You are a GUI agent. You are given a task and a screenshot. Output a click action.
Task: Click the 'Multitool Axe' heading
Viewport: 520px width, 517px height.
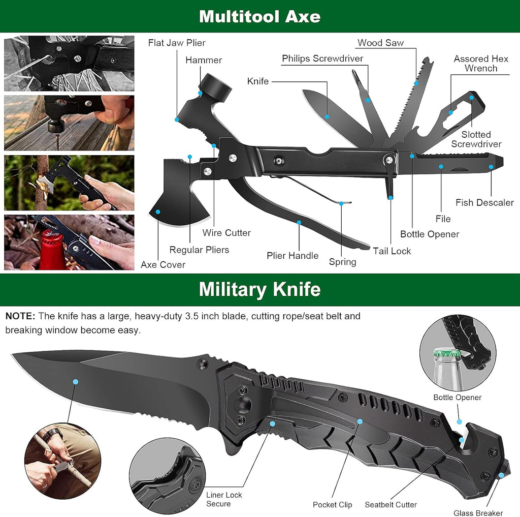(x=259, y=16)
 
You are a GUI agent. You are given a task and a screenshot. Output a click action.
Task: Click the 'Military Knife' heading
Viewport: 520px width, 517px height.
(x=259, y=289)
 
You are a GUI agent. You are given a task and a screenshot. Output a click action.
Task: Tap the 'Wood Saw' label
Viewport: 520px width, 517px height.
(x=380, y=43)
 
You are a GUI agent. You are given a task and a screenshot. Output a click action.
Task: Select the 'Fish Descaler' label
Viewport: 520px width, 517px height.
(x=484, y=202)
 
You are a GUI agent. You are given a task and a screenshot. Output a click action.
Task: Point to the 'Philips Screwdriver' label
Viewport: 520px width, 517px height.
(x=322, y=58)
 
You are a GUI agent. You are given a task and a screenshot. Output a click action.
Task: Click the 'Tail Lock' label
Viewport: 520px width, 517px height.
(x=392, y=251)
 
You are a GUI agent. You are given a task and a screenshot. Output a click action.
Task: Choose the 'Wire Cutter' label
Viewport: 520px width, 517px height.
(x=226, y=233)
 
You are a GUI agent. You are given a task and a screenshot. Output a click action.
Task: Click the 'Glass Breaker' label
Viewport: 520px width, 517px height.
(x=478, y=513)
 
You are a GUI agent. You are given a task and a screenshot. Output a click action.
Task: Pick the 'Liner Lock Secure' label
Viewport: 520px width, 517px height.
(x=224, y=499)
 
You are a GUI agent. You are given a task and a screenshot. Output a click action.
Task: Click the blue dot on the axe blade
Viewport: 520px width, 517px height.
(x=158, y=211)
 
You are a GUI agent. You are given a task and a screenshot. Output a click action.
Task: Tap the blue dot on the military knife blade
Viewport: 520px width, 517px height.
(x=76, y=381)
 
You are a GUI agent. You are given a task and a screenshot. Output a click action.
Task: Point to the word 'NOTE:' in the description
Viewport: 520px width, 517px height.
(x=20, y=316)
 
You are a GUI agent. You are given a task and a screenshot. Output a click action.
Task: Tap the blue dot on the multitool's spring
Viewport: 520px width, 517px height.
(x=342, y=203)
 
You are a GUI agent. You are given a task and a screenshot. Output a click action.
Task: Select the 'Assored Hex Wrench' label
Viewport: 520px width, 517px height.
(x=480, y=64)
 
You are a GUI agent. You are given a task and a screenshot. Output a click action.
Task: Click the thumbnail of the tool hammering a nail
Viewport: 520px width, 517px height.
(x=69, y=123)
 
